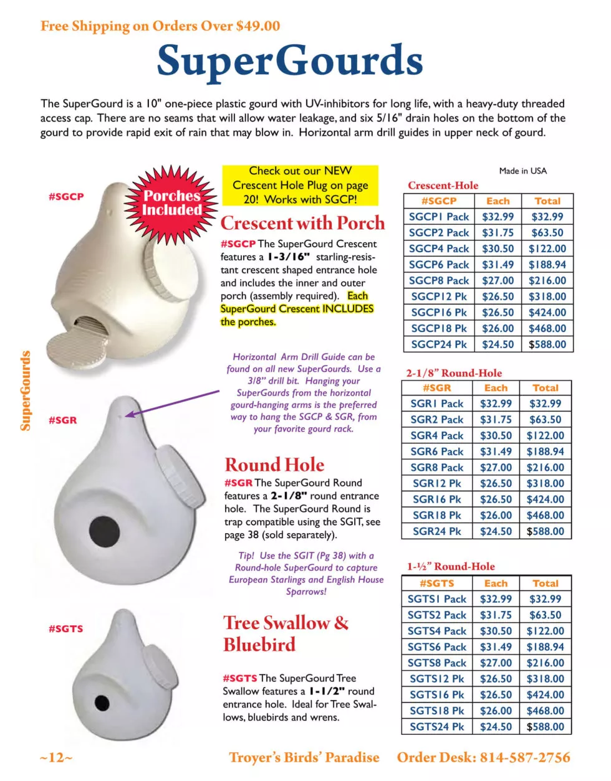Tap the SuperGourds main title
click(x=290, y=61)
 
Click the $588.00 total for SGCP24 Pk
click(x=547, y=344)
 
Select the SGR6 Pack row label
click(x=437, y=452)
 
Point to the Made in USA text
click(x=522, y=171)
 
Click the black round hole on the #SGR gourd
click(x=104, y=531)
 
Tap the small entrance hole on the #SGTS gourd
click(x=102, y=703)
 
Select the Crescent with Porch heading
click(x=302, y=223)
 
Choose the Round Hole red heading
click(x=274, y=465)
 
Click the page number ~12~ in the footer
click(x=56, y=758)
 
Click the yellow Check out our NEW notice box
click(x=301, y=185)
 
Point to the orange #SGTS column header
click(x=436, y=584)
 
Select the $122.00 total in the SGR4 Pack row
click(x=545, y=436)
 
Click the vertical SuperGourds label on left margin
click(x=26, y=391)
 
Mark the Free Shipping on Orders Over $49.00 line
click(x=160, y=26)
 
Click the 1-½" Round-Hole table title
click(x=451, y=566)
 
